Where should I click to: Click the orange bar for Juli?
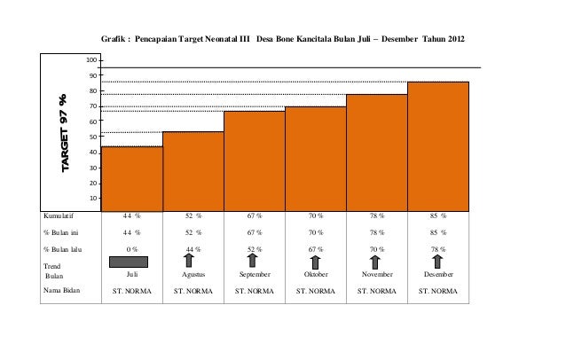132,176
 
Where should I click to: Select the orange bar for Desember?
438,144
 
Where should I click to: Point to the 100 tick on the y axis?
90,60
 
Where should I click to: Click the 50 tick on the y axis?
92,137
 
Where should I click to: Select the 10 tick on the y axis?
92,198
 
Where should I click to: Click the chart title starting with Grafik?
281,41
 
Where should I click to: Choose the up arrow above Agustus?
193,260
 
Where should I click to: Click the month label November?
377,275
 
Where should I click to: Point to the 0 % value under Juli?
132,249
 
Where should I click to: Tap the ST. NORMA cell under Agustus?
193,289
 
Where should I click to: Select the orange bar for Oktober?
316,156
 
